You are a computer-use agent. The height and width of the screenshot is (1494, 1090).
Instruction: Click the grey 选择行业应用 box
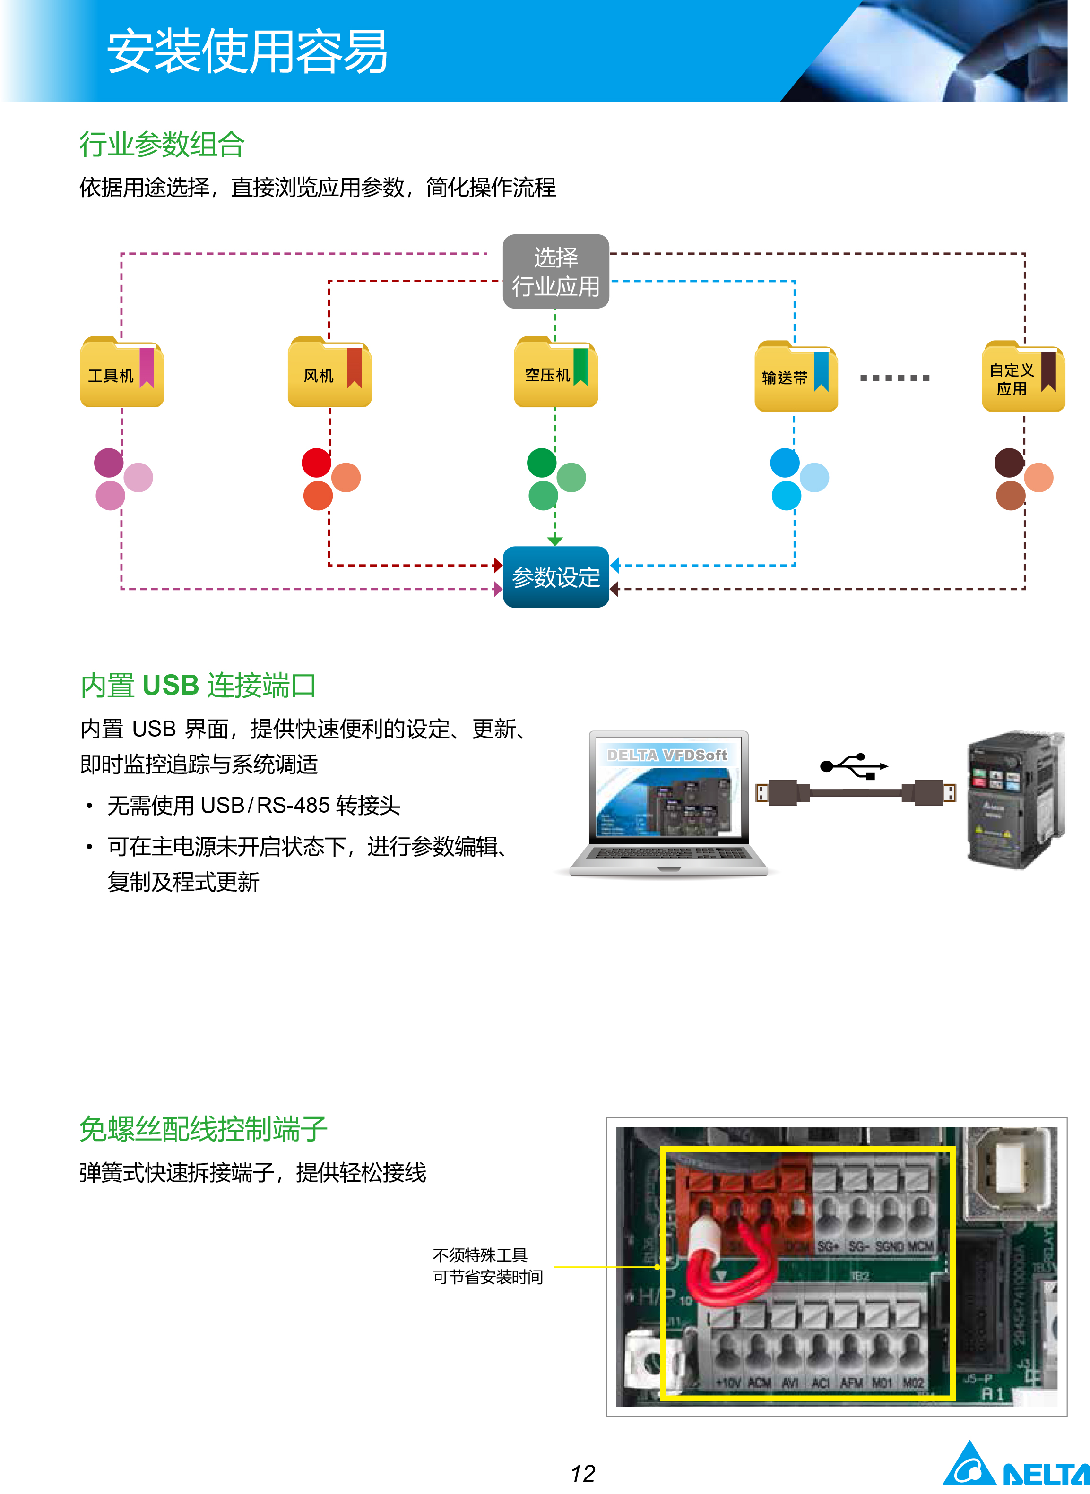tap(555, 271)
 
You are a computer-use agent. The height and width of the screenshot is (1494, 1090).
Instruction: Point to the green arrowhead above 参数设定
tap(555, 541)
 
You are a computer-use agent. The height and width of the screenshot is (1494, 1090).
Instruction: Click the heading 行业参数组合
tap(162, 144)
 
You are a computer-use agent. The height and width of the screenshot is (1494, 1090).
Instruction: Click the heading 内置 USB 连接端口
tap(198, 685)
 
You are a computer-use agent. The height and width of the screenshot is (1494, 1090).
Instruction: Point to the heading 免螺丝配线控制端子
tap(203, 1129)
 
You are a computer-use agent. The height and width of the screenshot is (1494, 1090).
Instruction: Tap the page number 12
tap(583, 1473)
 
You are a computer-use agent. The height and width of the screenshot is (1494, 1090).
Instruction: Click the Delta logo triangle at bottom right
tap(969, 1466)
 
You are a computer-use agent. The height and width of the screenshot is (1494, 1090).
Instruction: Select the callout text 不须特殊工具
tap(480, 1254)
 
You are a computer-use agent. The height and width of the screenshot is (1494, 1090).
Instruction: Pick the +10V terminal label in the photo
tap(728, 1382)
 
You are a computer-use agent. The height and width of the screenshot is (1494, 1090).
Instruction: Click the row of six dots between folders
tap(895, 378)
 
